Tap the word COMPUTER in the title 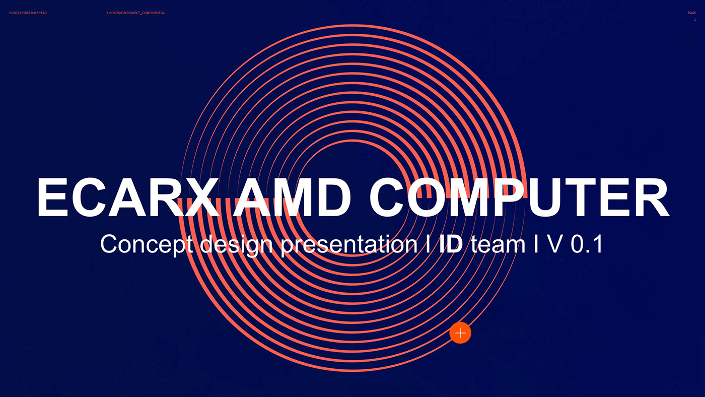click(519, 198)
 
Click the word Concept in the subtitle click(146, 244)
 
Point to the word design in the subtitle click(236, 244)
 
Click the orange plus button click(460, 333)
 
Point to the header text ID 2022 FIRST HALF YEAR click(28, 13)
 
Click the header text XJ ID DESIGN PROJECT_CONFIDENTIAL click(135, 13)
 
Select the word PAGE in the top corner click(691, 13)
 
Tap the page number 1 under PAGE click(695, 20)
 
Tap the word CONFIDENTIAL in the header click(154, 13)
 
